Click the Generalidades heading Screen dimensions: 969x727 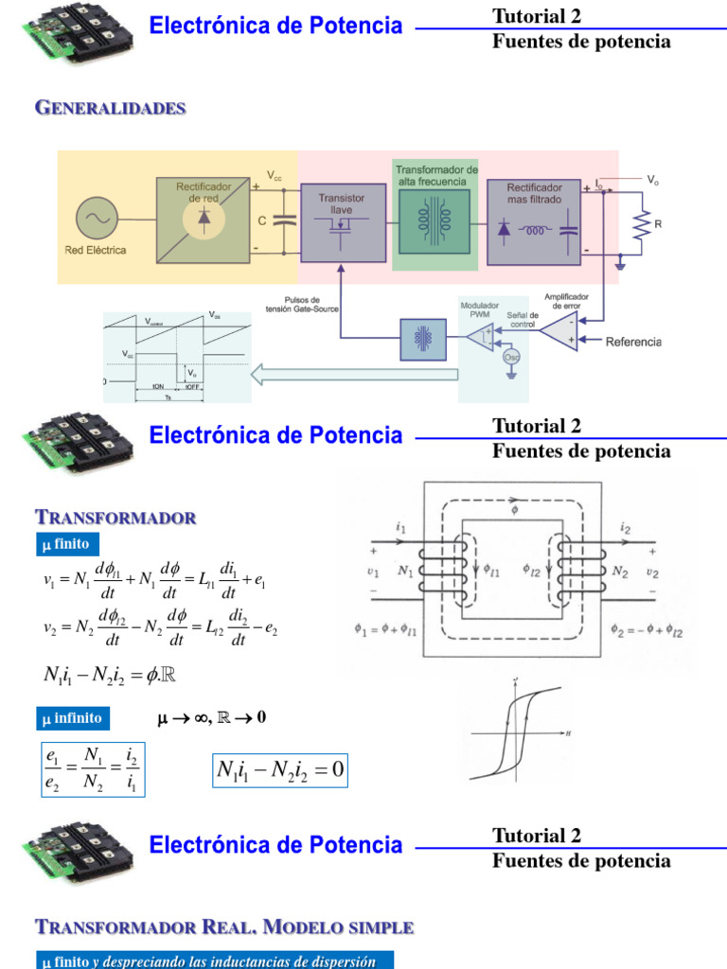pyautogui.click(x=110, y=108)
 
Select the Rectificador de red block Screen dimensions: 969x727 pyautogui.click(x=204, y=218)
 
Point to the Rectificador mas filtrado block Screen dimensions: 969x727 pyautogui.click(x=534, y=221)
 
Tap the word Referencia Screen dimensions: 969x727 pyautogui.click(x=633, y=342)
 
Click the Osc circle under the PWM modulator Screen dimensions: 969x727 pyautogui.click(x=511, y=358)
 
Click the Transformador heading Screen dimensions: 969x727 pyautogui.click(x=115, y=518)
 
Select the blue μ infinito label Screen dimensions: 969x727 pyautogui.click(x=72, y=718)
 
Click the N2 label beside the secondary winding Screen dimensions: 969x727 pyautogui.click(x=620, y=571)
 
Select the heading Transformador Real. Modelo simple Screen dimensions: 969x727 pyautogui.click(x=223, y=925)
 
